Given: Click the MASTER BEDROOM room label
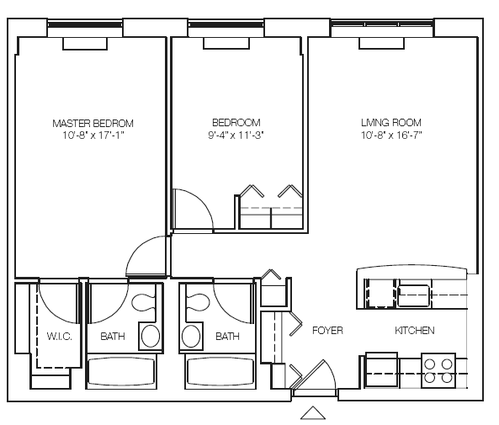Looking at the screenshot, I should (x=93, y=123).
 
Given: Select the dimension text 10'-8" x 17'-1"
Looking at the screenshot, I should (x=93, y=135).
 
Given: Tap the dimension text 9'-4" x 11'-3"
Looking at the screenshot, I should (x=235, y=135).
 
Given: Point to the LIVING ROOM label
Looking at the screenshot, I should (x=390, y=123).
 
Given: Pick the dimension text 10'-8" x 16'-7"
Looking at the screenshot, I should (x=390, y=135).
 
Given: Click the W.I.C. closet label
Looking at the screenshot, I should (x=58, y=337).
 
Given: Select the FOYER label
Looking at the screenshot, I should (x=327, y=331).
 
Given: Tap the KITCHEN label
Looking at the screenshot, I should (x=414, y=331).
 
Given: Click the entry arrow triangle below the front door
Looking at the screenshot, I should (x=313, y=412).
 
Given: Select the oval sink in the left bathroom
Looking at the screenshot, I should (x=151, y=337).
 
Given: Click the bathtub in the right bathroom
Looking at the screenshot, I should (x=218, y=371).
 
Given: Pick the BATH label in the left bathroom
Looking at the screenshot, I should (x=113, y=337).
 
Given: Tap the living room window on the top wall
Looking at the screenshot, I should (x=382, y=30).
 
